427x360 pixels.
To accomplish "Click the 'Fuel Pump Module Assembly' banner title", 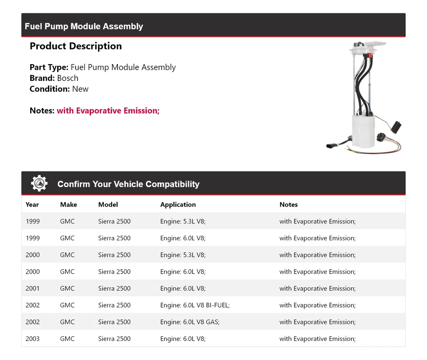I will click(84, 26).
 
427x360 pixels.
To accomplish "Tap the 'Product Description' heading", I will click(76, 46).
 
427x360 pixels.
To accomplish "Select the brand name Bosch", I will click(68, 78).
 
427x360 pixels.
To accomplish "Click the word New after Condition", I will click(81, 89).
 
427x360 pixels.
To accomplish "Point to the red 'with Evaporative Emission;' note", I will click(108, 111).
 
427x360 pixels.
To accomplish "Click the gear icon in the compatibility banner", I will click(39, 183).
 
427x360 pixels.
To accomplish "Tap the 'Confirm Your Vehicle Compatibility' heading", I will click(128, 184).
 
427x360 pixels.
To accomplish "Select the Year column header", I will click(32, 205).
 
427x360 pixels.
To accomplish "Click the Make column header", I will click(68, 205).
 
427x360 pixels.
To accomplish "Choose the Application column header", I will click(178, 205).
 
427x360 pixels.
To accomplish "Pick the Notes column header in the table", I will click(289, 205).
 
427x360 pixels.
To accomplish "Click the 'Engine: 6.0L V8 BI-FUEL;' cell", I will click(195, 305).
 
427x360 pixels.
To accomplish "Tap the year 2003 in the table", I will click(32, 339).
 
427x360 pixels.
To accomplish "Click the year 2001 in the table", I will click(32, 288).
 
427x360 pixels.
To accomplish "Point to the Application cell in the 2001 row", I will click(183, 288).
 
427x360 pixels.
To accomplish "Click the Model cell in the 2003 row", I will click(114, 339).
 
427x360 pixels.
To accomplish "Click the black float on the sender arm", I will click(399, 125).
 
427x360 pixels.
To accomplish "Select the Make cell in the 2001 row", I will click(67, 288).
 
